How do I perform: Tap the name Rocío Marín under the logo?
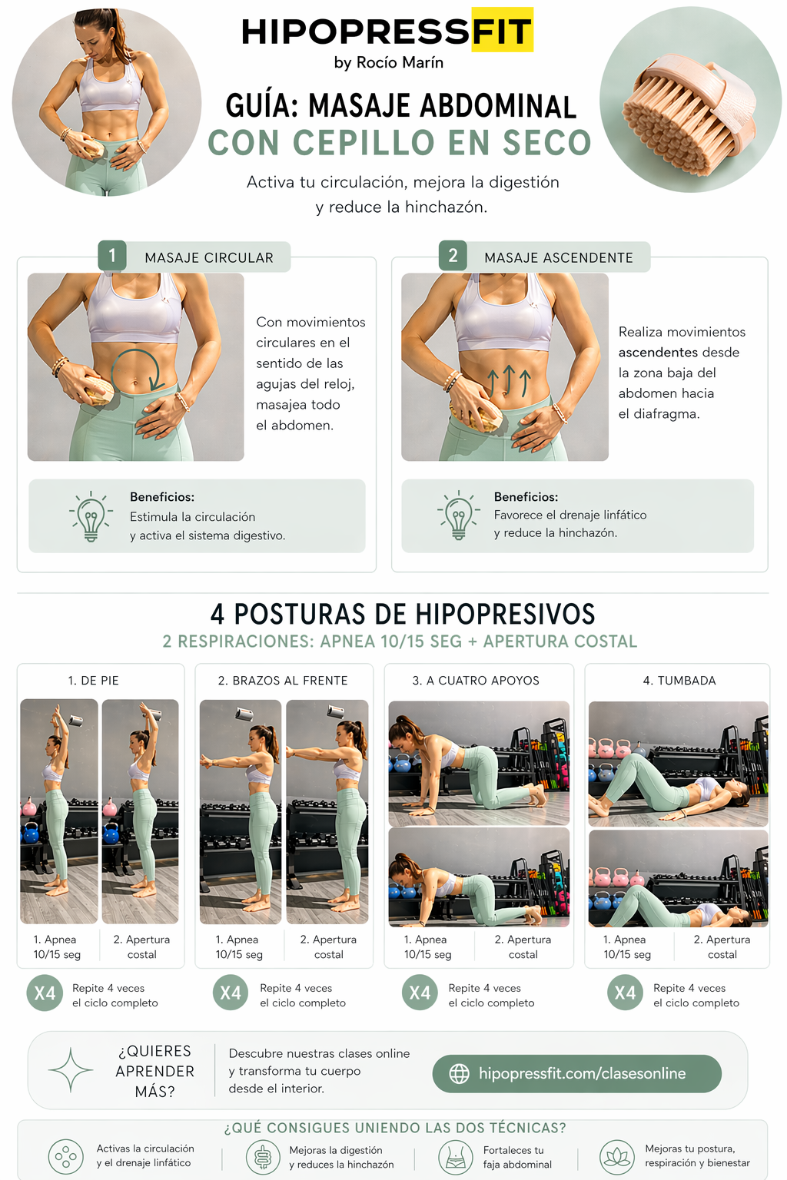400,63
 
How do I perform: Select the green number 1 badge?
111,256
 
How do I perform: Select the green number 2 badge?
453,256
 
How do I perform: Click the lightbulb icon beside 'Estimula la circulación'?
91,516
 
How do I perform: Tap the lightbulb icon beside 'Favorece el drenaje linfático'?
459,515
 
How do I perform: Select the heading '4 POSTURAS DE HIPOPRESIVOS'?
403,615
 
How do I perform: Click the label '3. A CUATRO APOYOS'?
476,681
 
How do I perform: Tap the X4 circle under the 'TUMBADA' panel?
625,993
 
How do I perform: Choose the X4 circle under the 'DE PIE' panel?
45,993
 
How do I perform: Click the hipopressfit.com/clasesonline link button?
576,1073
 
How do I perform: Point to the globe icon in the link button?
459,1073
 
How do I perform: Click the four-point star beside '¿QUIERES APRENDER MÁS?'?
71,1070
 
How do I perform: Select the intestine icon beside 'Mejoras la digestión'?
263,1158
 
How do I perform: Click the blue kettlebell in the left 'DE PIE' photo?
31,833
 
